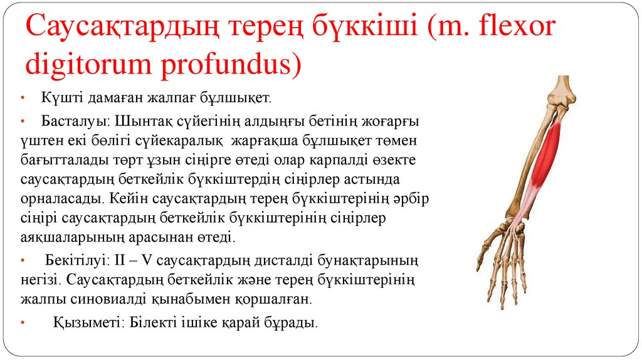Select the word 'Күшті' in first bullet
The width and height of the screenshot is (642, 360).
point(58,98)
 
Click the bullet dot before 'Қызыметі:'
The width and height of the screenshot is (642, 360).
point(23,324)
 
